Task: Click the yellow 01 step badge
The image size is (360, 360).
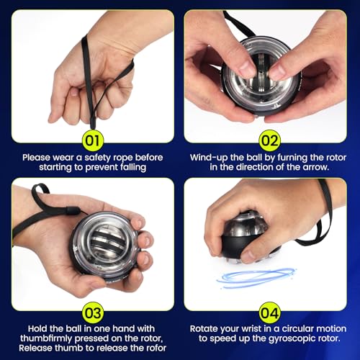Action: [x=93, y=140]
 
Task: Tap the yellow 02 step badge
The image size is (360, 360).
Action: [x=269, y=140]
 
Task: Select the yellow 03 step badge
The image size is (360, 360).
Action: [x=93, y=312]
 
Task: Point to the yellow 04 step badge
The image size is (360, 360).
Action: [x=269, y=312]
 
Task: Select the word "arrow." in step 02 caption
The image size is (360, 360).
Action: [x=316, y=167]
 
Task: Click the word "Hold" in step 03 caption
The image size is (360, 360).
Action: [x=37, y=328]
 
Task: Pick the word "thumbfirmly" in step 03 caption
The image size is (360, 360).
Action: [x=46, y=338]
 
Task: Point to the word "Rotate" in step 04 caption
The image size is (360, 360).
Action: [x=204, y=328]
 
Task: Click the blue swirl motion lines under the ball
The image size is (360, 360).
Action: [x=256, y=278]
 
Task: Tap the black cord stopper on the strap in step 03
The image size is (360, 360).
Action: [x=73, y=211]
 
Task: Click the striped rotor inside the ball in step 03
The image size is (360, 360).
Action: [x=106, y=242]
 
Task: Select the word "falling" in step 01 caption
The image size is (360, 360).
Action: [x=133, y=167]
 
